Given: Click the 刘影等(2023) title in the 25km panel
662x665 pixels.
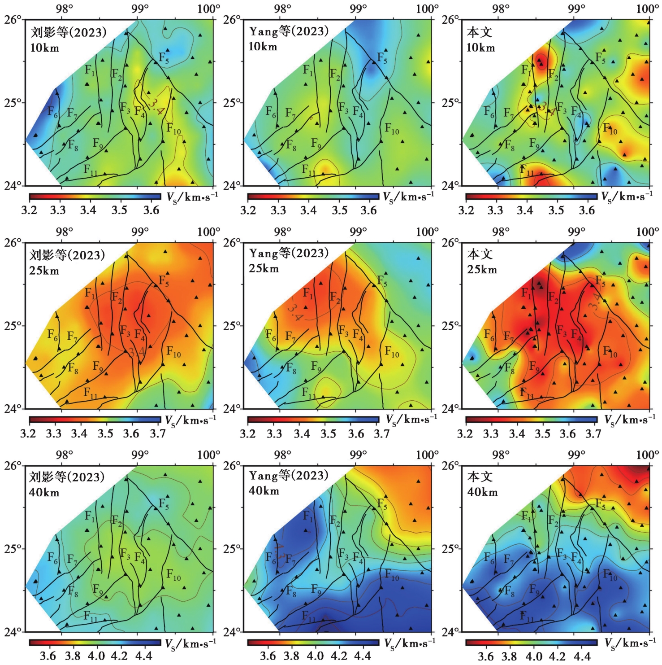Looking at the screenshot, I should pyautogui.click(x=67, y=255).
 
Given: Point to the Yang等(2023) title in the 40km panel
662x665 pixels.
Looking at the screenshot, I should pyautogui.click(x=289, y=476).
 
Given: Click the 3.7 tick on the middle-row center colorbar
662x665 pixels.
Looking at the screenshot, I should pyautogui.click(x=382, y=433).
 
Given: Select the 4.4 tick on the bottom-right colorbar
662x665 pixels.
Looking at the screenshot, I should pyautogui.click(x=582, y=656).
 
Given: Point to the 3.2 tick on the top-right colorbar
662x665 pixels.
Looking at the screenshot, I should pyautogui.click(x=466, y=210).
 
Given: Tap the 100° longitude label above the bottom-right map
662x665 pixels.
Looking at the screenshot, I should pyautogui.click(x=648, y=455).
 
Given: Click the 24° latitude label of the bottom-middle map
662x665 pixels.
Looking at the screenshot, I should pyautogui.click(x=232, y=632).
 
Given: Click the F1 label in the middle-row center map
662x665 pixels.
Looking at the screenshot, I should pyautogui.click(x=308, y=293).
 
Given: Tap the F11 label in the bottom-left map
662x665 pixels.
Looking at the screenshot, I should pyautogui.click(x=90, y=616).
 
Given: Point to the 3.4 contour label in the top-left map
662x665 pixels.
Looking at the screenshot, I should pyautogui.click(x=156, y=107).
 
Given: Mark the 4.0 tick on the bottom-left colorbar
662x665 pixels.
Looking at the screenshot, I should pyautogui.click(x=96, y=656).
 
